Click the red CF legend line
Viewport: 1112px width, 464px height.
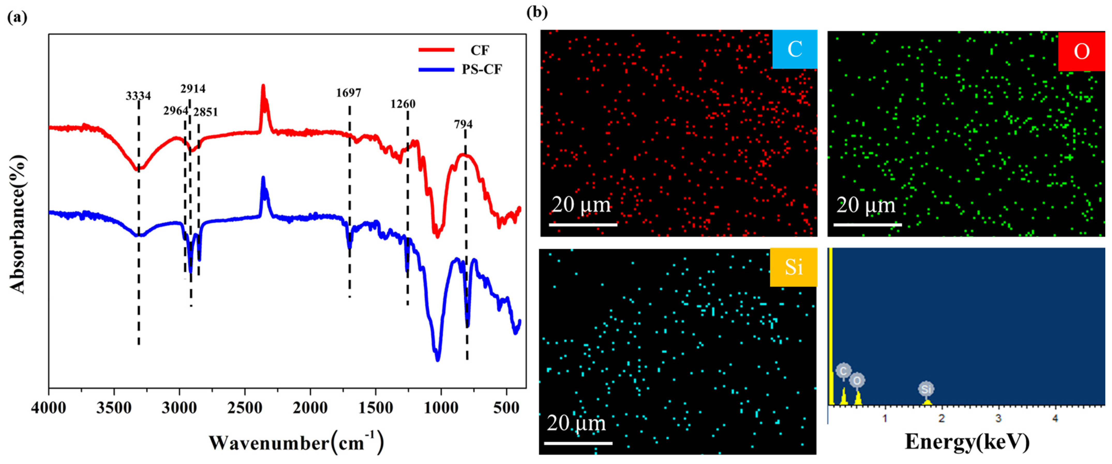[x=436, y=50]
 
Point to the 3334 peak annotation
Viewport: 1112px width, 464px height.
[x=138, y=95]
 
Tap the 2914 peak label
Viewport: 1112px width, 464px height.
[x=193, y=88]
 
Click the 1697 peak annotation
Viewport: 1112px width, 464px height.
[x=348, y=93]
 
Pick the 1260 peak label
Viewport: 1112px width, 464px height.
[x=403, y=104]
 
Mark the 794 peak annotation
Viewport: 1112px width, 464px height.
[x=463, y=124]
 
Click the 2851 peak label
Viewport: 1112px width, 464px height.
[x=205, y=112]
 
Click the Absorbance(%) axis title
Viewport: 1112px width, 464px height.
[x=18, y=224]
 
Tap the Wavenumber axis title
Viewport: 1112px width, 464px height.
[x=296, y=443]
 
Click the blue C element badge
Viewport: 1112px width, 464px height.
[x=794, y=49]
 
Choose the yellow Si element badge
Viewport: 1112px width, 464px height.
[x=793, y=267]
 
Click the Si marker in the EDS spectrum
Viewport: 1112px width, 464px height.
[x=926, y=389]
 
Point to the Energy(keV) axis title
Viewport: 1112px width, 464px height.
[x=967, y=441]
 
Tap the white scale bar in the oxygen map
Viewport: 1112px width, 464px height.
[x=868, y=224]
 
